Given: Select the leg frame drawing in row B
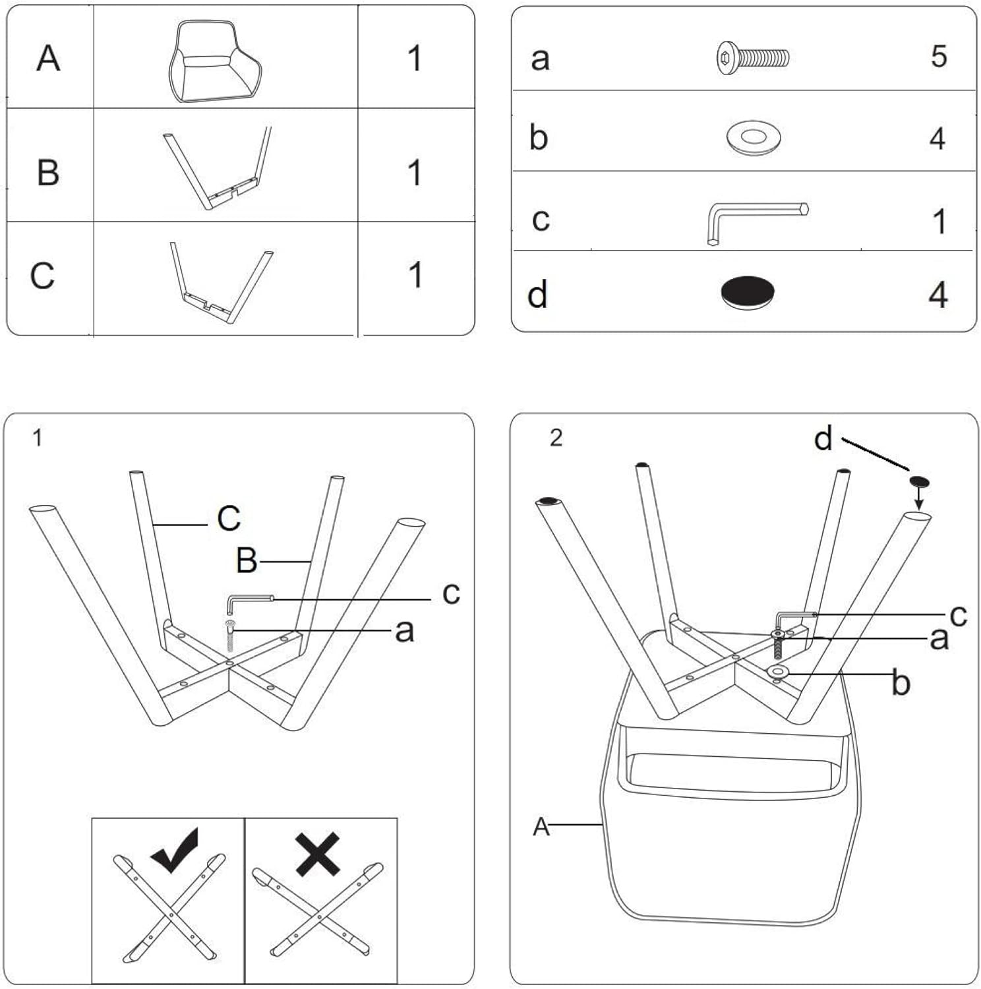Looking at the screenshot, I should pyautogui.click(x=218, y=169).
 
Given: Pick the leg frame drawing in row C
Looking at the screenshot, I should pyautogui.click(x=222, y=282).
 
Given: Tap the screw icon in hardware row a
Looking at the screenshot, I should pyautogui.click(x=752, y=57).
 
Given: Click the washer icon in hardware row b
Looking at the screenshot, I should pyautogui.click(x=753, y=137).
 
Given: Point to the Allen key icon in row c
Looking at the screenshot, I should pyautogui.click(x=756, y=221).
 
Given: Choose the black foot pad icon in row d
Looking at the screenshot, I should pyautogui.click(x=747, y=291).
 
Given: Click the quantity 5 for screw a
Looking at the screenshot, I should pyautogui.click(x=939, y=57).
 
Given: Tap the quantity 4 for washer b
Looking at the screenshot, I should pyautogui.click(x=937, y=138).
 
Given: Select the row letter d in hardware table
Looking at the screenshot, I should pyautogui.click(x=537, y=294).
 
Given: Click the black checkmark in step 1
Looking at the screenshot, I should pyautogui.click(x=175, y=850).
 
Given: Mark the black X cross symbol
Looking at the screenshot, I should pyautogui.click(x=318, y=854).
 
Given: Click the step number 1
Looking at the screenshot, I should pyautogui.click(x=38, y=438).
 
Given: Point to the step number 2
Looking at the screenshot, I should pyautogui.click(x=556, y=438).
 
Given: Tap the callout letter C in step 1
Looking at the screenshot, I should pyautogui.click(x=229, y=518).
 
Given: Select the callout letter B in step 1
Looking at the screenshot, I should pyautogui.click(x=247, y=561).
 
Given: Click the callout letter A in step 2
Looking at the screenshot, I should pyautogui.click(x=541, y=826).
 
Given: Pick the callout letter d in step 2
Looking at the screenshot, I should pyautogui.click(x=823, y=438).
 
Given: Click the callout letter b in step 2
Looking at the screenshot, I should pyautogui.click(x=901, y=683).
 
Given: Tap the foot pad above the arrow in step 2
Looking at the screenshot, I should pyautogui.click(x=920, y=481).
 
